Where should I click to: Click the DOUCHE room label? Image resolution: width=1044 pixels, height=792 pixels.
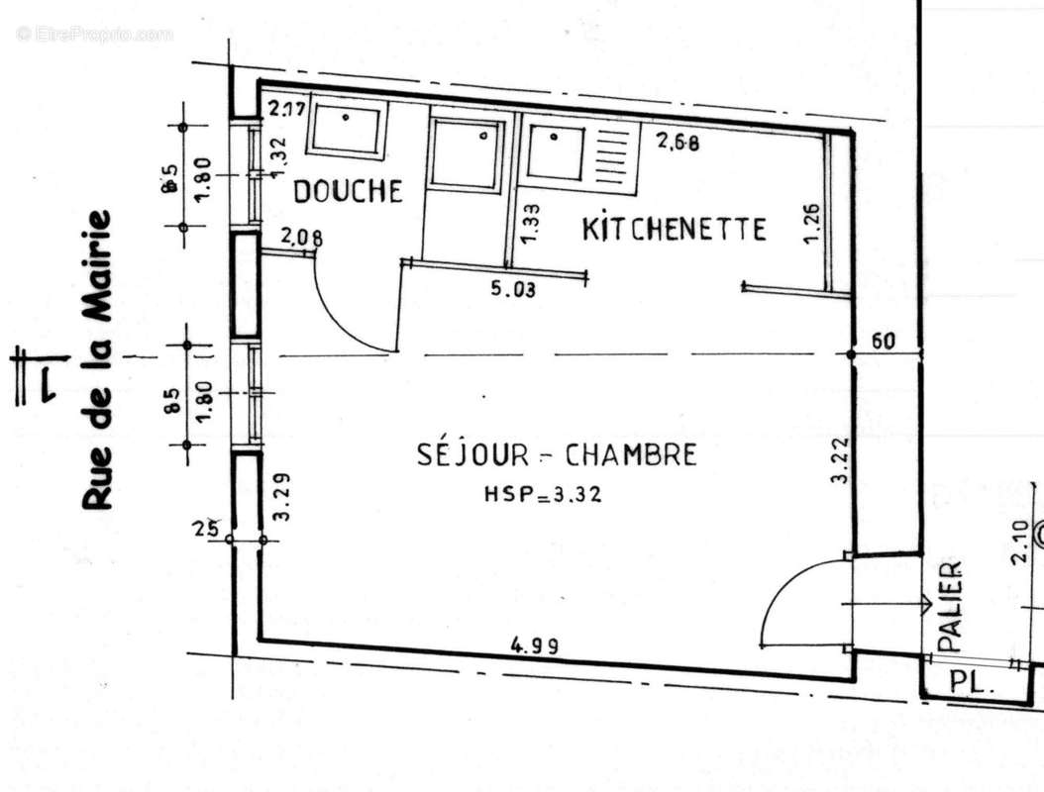[x=349, y=191]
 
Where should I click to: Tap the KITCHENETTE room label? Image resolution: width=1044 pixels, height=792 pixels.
[x=674, y=230]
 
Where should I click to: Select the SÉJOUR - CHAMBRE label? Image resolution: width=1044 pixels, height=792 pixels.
[x=556, y=455]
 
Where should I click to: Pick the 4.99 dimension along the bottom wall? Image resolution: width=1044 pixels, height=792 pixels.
[x=535, y=645]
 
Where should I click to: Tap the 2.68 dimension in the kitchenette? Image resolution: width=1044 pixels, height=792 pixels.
[x=679, y=142]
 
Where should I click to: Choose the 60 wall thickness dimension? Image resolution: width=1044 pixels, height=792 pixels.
[x=884, y=342]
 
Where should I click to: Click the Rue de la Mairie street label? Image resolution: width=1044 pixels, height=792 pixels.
[x=96, y=360]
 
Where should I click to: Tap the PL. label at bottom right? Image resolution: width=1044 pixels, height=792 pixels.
[x=971, y=681]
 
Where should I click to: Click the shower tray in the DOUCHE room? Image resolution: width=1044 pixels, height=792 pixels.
[x=346, y=129]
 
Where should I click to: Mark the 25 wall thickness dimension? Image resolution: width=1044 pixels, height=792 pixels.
[x=206, y=528]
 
